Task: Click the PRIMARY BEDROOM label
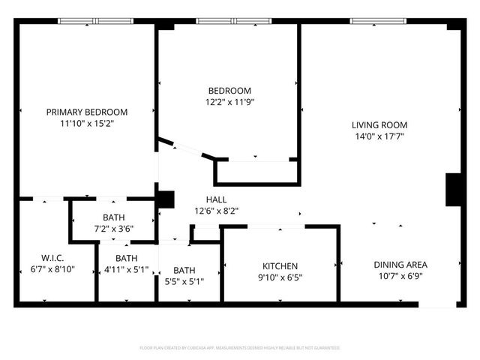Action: pyautogui.click(x=87, y=112)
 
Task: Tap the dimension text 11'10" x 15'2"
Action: pyautogui.click(x=87, y=123)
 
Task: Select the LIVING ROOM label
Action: pyautogui.click(x=379, y=124)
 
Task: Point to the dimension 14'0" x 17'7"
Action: pyautogui.click(x=379, y=136)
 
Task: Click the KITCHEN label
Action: pyautogui.click(x=280, y=265)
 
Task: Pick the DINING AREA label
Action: pyautogui.click(x=400, y=264)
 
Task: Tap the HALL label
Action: pyautogui.click(x=217, y=199)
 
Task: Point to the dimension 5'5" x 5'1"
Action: pyautogui.click(x=184, y=281)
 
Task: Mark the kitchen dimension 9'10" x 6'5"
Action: pyautogui.click(x=280, y=277)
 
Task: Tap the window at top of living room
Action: pyautogui.click(x=373, y=22)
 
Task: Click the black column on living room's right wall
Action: pyautogui.click(x=454, y=190)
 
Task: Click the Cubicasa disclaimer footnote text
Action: pyautogui.click(x=240, y=348)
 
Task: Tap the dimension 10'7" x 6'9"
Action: pyautogui.click(x=400, y=276)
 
